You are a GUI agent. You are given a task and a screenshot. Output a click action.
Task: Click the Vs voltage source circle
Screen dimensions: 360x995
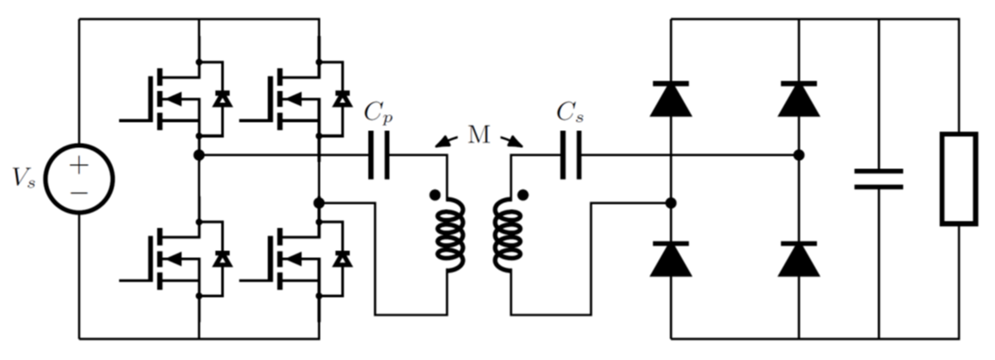click(79, 179)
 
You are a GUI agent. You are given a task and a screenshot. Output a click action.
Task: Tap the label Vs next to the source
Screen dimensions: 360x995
click(24, 178)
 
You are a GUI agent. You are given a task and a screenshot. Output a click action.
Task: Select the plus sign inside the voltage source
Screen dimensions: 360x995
click(79, 165)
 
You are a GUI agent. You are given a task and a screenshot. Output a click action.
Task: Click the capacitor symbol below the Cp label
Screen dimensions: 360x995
click(379, 155)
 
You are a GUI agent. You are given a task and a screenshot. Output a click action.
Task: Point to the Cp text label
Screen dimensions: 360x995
click(379, 113)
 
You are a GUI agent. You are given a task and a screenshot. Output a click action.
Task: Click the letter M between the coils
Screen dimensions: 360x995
click(479, 136)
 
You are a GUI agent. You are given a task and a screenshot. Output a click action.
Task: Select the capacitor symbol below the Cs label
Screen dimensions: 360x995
click(571, 155)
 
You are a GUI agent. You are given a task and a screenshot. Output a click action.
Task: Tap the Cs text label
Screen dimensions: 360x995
click(570, 113)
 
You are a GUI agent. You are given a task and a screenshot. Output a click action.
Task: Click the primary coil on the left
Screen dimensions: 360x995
click(450, 235)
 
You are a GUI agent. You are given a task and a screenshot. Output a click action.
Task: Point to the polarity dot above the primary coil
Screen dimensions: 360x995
click(434, 195)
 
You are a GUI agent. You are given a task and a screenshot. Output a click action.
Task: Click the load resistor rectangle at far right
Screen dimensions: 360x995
click(959, 179)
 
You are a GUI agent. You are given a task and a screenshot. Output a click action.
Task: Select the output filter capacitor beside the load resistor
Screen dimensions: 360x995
click(879, 179)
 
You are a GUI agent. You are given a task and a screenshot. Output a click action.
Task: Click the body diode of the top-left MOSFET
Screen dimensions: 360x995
click(222, 99)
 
